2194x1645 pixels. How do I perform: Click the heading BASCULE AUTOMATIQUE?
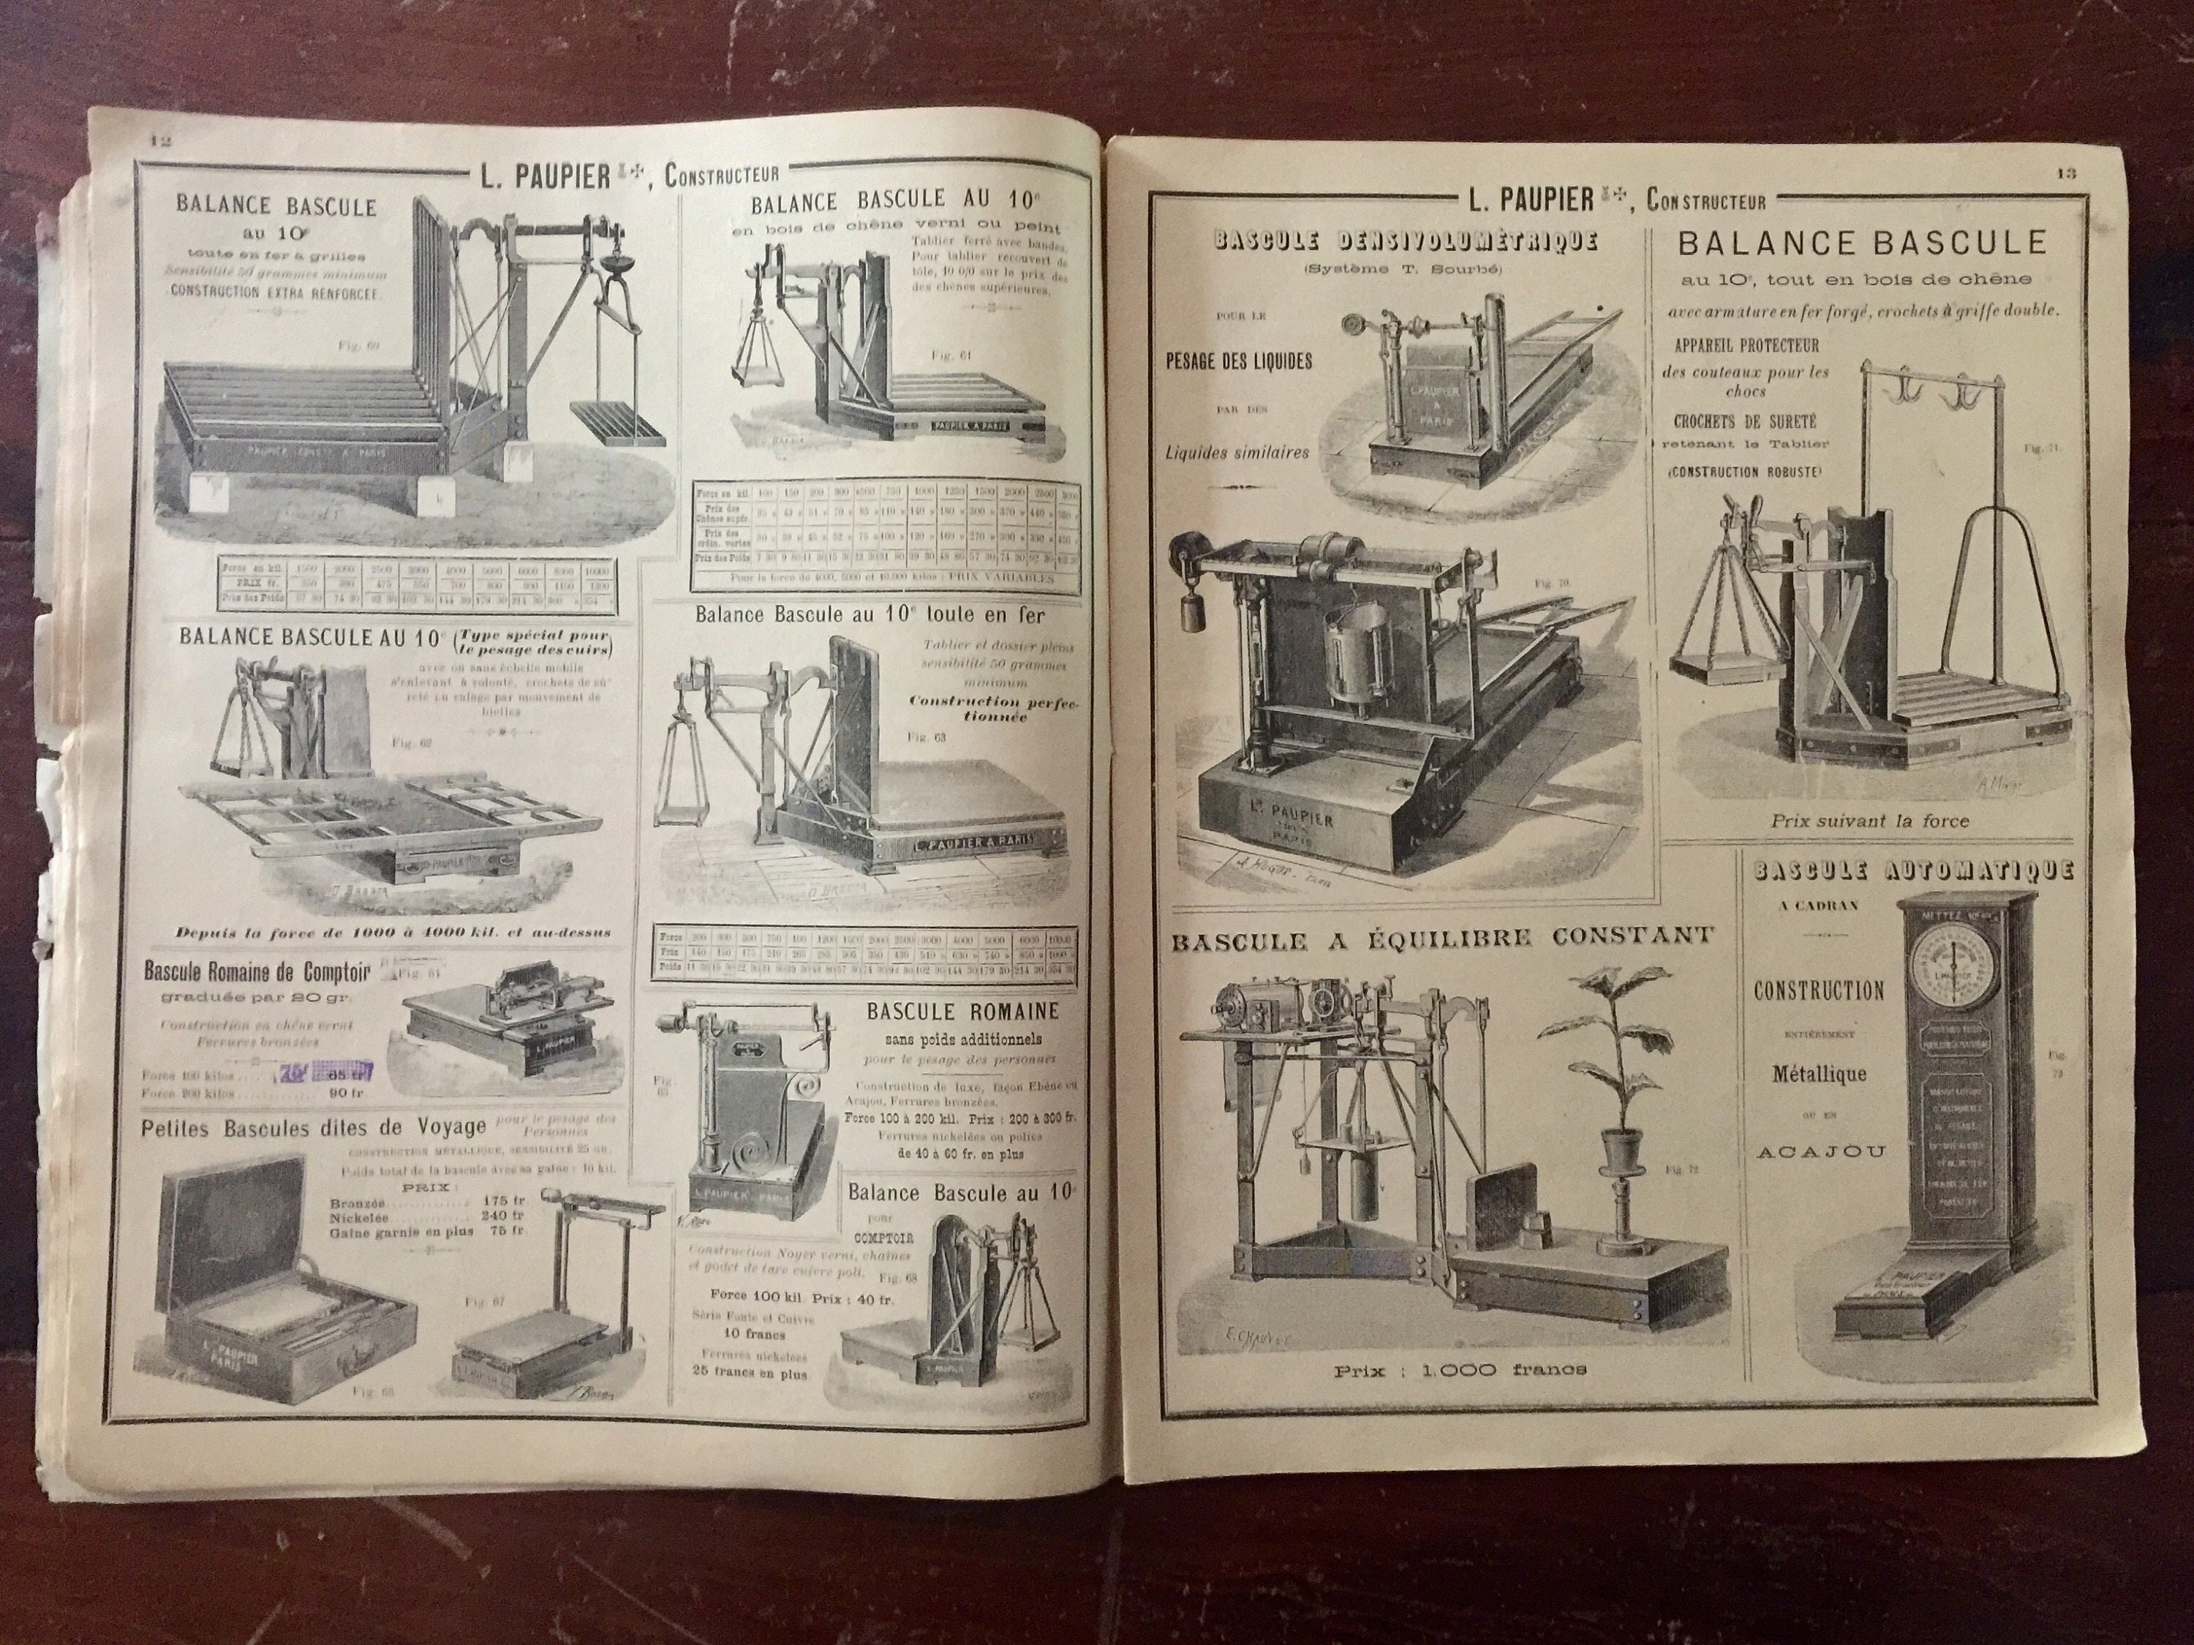1913,871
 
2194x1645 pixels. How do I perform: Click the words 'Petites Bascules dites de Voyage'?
314,1126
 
